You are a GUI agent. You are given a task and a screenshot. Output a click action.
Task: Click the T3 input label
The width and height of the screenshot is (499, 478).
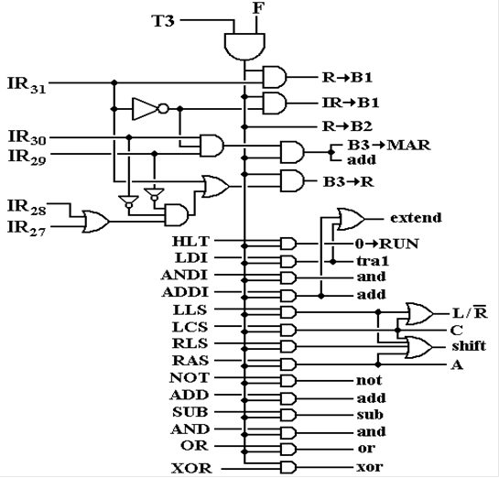point(164,21)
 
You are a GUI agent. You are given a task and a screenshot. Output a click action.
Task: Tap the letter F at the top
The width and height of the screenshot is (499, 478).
point(259,8)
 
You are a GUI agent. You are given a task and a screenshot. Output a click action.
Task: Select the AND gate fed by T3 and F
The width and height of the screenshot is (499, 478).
point(244,47)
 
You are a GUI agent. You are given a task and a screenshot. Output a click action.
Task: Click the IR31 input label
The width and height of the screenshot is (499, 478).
point(27,84)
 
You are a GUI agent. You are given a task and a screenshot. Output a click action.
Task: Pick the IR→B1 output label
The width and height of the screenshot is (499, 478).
point(351,103)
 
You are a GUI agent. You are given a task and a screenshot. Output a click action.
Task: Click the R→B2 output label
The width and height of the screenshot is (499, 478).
point(347,126)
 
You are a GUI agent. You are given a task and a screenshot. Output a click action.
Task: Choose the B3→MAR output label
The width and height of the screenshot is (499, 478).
point(388,145)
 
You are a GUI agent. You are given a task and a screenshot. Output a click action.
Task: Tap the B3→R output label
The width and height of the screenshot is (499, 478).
point(348,181)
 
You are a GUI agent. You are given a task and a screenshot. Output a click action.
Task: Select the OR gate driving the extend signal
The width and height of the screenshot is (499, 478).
point(351,219)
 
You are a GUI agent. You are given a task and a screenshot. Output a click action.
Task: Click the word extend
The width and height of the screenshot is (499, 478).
point(416,218)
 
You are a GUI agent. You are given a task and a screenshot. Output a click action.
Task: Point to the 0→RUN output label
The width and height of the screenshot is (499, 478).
point(386,244)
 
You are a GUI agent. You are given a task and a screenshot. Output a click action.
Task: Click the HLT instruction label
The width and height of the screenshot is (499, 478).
point(191,241)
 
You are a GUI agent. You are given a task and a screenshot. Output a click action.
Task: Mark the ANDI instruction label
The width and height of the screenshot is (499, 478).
point(185,275)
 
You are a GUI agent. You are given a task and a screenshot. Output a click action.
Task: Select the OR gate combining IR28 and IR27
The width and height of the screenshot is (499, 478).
point(96,222)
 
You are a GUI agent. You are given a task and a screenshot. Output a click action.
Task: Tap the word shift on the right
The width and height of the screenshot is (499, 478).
point(469,345)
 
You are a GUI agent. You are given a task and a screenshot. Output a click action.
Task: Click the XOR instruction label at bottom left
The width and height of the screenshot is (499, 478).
point(191,469)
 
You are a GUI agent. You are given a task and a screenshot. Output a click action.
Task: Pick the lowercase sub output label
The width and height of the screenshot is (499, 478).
point(370,415)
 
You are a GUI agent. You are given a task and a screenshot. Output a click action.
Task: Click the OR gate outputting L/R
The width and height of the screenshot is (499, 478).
point(419,314)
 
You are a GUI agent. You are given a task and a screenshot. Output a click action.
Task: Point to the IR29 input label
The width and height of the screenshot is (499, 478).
point(27,158)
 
